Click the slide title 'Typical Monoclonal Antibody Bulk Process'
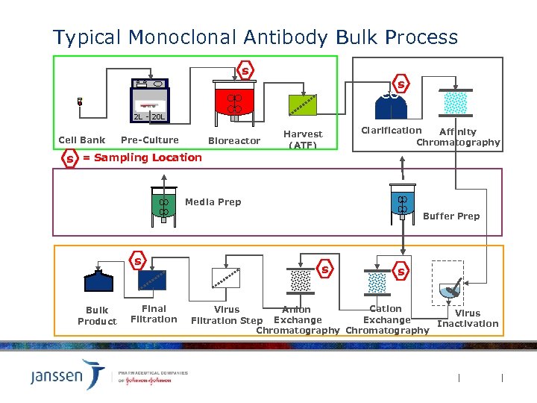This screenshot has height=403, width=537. coord(255,37)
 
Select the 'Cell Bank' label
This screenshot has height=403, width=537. coord(82,140)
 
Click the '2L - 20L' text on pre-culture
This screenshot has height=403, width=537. coord(149,117)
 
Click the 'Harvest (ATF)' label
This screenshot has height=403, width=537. coord(303,140)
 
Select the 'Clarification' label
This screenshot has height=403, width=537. coord(392,131)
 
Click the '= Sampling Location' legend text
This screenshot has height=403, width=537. coord(142,157)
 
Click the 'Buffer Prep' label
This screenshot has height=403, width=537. coord(451,216)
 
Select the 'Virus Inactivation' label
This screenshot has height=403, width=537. coord(468,319)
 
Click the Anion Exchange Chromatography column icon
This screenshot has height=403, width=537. coord(300,281)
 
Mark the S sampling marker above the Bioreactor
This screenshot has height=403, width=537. coord(245,72)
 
